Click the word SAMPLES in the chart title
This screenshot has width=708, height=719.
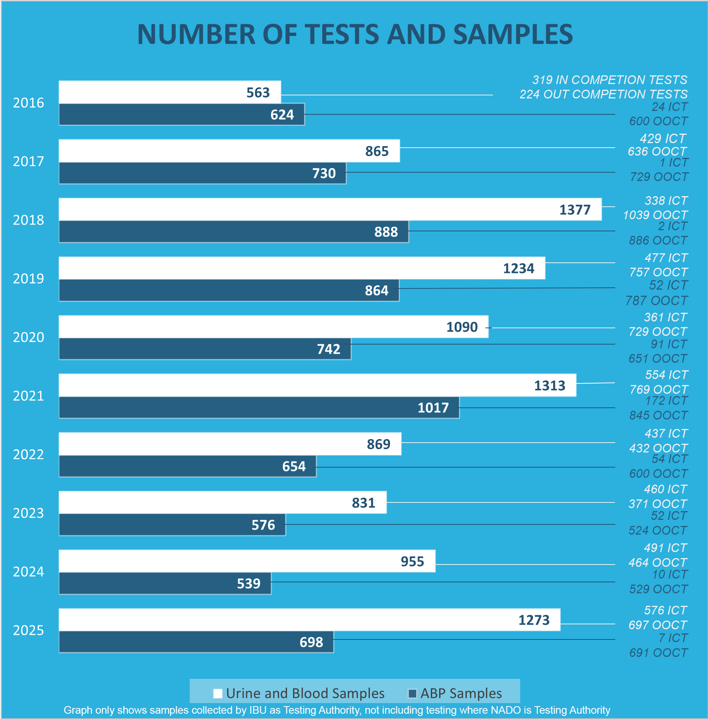(x=513, y=34)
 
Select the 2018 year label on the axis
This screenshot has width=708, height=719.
(x=28, y=220)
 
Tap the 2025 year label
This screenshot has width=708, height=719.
(x=28, y=630)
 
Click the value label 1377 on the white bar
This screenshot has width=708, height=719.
(x=575, y=210)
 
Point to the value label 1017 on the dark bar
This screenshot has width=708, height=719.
(x=433, y=408)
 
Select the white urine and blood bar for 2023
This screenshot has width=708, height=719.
(x=204, y=502)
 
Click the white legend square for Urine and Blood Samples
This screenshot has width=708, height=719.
(x=218, y=693)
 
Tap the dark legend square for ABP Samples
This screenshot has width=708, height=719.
(x=412, y=693)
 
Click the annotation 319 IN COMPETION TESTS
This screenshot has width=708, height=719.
(x=610, y=80)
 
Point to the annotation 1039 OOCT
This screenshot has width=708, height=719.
(x=655, y=215)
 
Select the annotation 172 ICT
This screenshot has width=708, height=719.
(x=666, y=401)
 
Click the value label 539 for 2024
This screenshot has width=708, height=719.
(x=248, y=584)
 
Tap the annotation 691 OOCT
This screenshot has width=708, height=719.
(x=658, y=653)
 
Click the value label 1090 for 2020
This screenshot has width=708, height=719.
(x=462, y=327)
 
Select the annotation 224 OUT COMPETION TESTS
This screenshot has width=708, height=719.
(x=604, y=94)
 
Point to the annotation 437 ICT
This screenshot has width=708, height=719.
(x=666, y=434)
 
